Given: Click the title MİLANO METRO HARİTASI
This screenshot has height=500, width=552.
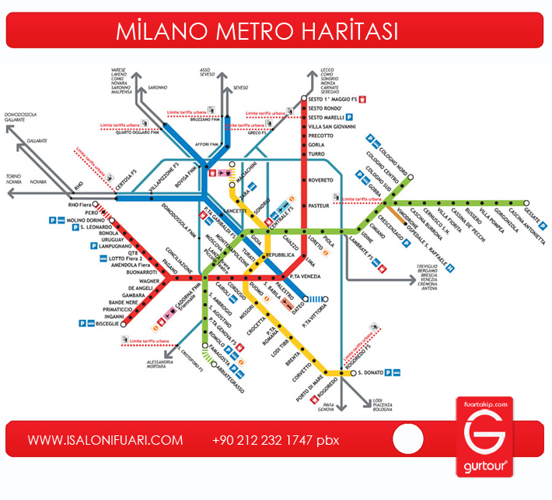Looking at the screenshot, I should click(257, 31).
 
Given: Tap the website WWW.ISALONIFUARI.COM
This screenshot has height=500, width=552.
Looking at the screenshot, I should click(106, 440).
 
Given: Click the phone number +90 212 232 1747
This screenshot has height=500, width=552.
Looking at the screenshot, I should click(264, 440).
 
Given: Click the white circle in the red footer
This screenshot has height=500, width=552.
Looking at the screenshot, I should click(408, 440).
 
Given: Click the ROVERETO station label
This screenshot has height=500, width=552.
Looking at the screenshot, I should click(320, 180).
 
